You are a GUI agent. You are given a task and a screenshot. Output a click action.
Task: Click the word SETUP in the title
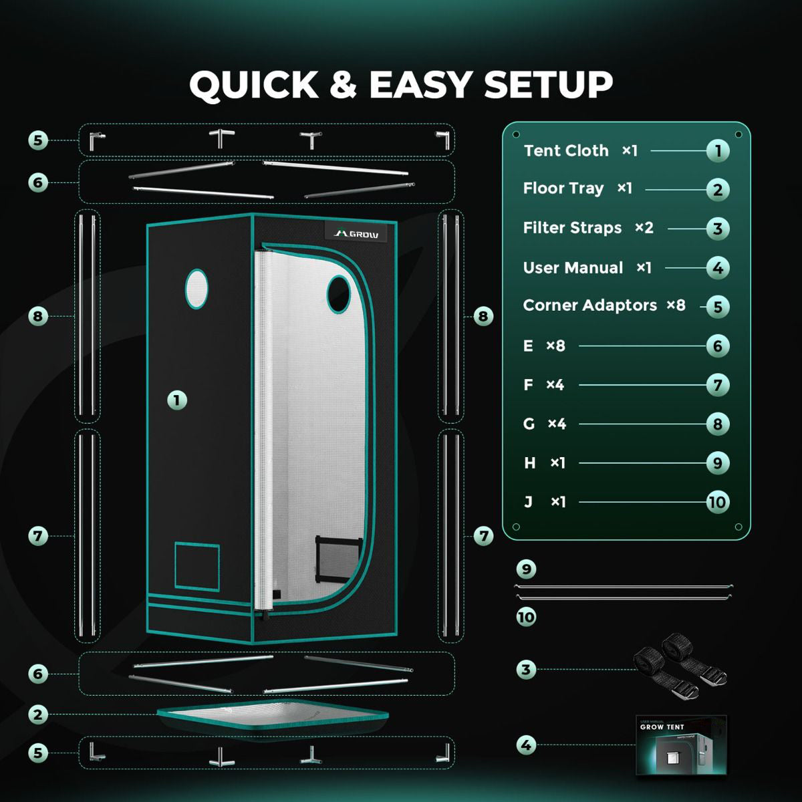(x=548, y=84)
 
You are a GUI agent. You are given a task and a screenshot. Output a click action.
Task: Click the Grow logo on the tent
(x=356, y=233)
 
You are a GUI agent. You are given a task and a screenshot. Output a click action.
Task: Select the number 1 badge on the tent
(x=177, y=400)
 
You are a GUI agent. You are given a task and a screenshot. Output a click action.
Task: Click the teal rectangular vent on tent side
(x=197, y=567)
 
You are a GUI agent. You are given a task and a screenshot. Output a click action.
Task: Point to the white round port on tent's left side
(x=196, y=289)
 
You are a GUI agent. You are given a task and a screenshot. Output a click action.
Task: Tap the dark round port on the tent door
(x=338, y=294)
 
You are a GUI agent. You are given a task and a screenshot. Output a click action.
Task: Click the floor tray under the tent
(x=273, y=715)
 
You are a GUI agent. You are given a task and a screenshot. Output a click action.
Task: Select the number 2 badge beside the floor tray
(x=38, y=715)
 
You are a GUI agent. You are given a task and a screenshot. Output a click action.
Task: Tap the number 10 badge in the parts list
(x=718, y=503)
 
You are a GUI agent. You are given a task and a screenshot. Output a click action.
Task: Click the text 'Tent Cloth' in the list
(x=566, y=150)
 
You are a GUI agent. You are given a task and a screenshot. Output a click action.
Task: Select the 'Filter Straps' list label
(x=572, y=228)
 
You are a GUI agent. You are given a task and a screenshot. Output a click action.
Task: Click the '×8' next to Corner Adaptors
(x=676, y=305)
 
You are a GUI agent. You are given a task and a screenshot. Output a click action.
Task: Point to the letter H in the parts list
(x=529, y=462)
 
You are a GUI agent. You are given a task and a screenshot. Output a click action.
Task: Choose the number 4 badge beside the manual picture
(x=526, y=745)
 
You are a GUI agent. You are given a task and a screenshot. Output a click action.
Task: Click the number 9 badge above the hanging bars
(x=526, y=569)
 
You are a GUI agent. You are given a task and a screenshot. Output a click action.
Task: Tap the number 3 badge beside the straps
(x=526, y=670)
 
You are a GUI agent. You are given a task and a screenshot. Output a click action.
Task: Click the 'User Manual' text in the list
(x=573, y=267)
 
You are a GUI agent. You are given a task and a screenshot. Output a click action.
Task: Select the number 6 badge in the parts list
(x=718, y=346)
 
